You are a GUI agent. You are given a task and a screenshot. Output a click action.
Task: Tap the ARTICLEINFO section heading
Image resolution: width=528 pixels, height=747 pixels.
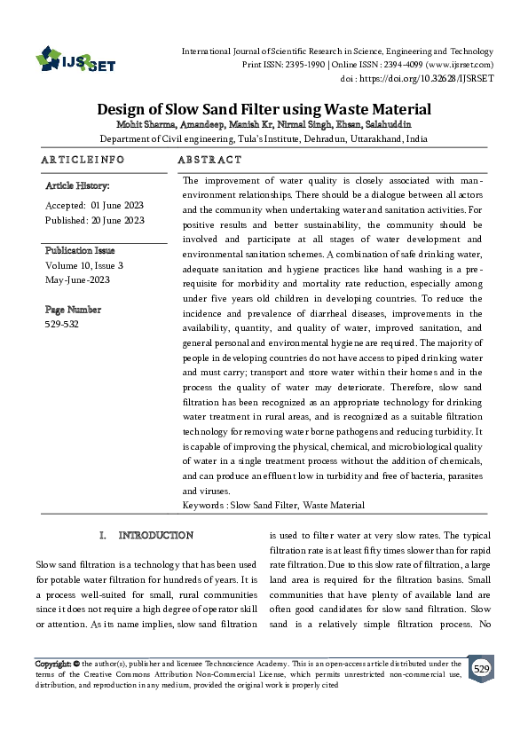[83, 161]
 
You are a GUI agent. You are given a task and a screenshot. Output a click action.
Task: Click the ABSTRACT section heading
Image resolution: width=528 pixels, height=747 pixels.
[209, 161]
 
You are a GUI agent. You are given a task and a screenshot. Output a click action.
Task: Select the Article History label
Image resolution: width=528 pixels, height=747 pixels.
[77, 186]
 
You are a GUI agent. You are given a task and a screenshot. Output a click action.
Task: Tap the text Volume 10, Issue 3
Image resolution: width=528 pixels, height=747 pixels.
[84, 265]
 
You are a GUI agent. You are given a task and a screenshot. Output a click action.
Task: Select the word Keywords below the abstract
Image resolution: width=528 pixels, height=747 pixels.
[203, 505]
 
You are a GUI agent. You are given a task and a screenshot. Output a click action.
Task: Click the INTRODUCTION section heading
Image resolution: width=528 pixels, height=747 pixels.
[155, 535]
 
